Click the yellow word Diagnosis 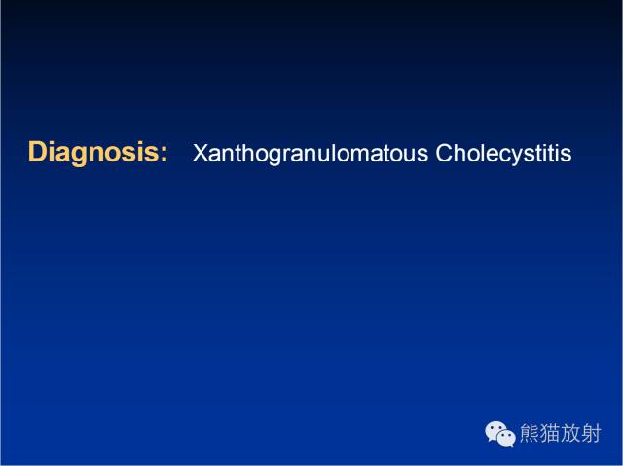pyautogui.click(x=94, y=153)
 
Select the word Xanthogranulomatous pyautogui.click(x=311, y=154)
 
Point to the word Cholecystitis pyautogui.click(x=504, y=154)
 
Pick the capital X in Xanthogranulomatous pyautogui.click(x=201, y=153)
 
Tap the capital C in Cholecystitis pyautogui.click(x=445, y=153)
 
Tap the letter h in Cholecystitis pyautogui.click(x=463, y=152)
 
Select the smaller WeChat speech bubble pyautogui.click(x=506, y=438)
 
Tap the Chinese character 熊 pyautogui.click(x=530, y=433)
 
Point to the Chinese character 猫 pyautogui.click(x=550, y=433)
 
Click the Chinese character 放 pyautogui.click(x=570, y=433)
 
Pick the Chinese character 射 pyautogui.click(x=591, y=433)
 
